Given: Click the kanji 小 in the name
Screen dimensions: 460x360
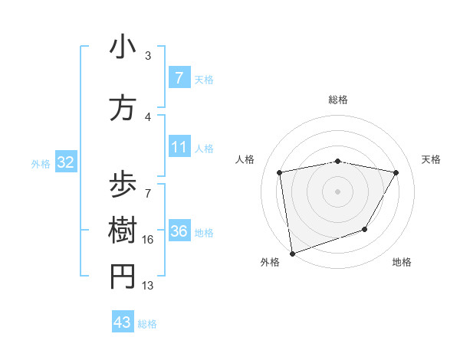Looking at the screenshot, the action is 123,47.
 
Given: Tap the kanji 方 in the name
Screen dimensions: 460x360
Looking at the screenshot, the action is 123,108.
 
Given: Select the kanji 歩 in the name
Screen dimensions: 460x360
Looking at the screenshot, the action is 123,185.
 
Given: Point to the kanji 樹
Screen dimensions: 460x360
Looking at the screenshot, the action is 123,231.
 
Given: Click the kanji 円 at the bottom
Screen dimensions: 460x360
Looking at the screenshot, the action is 123,277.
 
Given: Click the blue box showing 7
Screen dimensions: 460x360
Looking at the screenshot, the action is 179,78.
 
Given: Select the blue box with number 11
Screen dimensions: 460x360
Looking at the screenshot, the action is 179,147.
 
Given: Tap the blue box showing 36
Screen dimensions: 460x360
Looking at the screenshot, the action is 179,231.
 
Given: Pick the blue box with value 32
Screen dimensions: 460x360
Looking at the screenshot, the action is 65,162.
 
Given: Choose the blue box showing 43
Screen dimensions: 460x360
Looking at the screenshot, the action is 123,322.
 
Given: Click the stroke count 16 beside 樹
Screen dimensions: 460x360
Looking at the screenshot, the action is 148,240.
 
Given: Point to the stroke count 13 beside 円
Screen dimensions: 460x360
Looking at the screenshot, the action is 148,286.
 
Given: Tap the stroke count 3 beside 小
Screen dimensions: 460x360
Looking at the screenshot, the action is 148,56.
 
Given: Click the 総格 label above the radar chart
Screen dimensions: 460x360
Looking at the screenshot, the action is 337,100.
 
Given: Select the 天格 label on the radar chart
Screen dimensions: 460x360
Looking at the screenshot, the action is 431,159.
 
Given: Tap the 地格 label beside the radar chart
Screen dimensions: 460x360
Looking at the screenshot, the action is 402,262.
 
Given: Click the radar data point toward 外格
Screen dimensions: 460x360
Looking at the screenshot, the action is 292,253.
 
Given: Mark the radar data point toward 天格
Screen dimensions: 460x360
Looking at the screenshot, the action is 396,172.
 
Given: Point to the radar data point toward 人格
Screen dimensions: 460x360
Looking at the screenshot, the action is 280,172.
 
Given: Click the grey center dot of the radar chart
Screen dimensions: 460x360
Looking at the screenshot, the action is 337,191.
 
